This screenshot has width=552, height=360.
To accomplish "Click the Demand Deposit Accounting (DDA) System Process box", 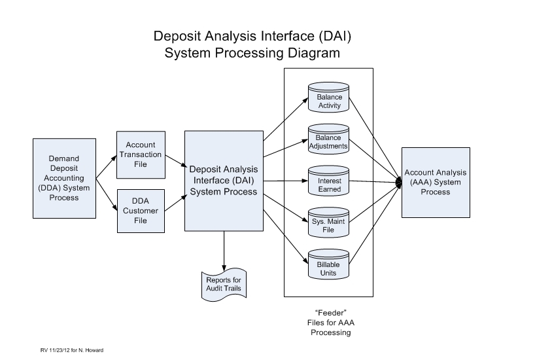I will click(64, 177).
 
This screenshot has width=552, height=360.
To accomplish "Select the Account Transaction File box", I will click(140, 154).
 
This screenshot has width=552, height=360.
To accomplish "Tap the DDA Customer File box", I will click(140, 210).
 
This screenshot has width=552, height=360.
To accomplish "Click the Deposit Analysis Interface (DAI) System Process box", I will click(224, 181).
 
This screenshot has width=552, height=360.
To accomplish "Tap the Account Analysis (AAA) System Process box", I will click(436, 182).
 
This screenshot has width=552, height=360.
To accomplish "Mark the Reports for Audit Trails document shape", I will click(224, 283).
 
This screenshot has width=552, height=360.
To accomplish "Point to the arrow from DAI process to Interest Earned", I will click(285, 181).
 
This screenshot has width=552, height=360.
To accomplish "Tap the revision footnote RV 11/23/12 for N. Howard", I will click(72, 350).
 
